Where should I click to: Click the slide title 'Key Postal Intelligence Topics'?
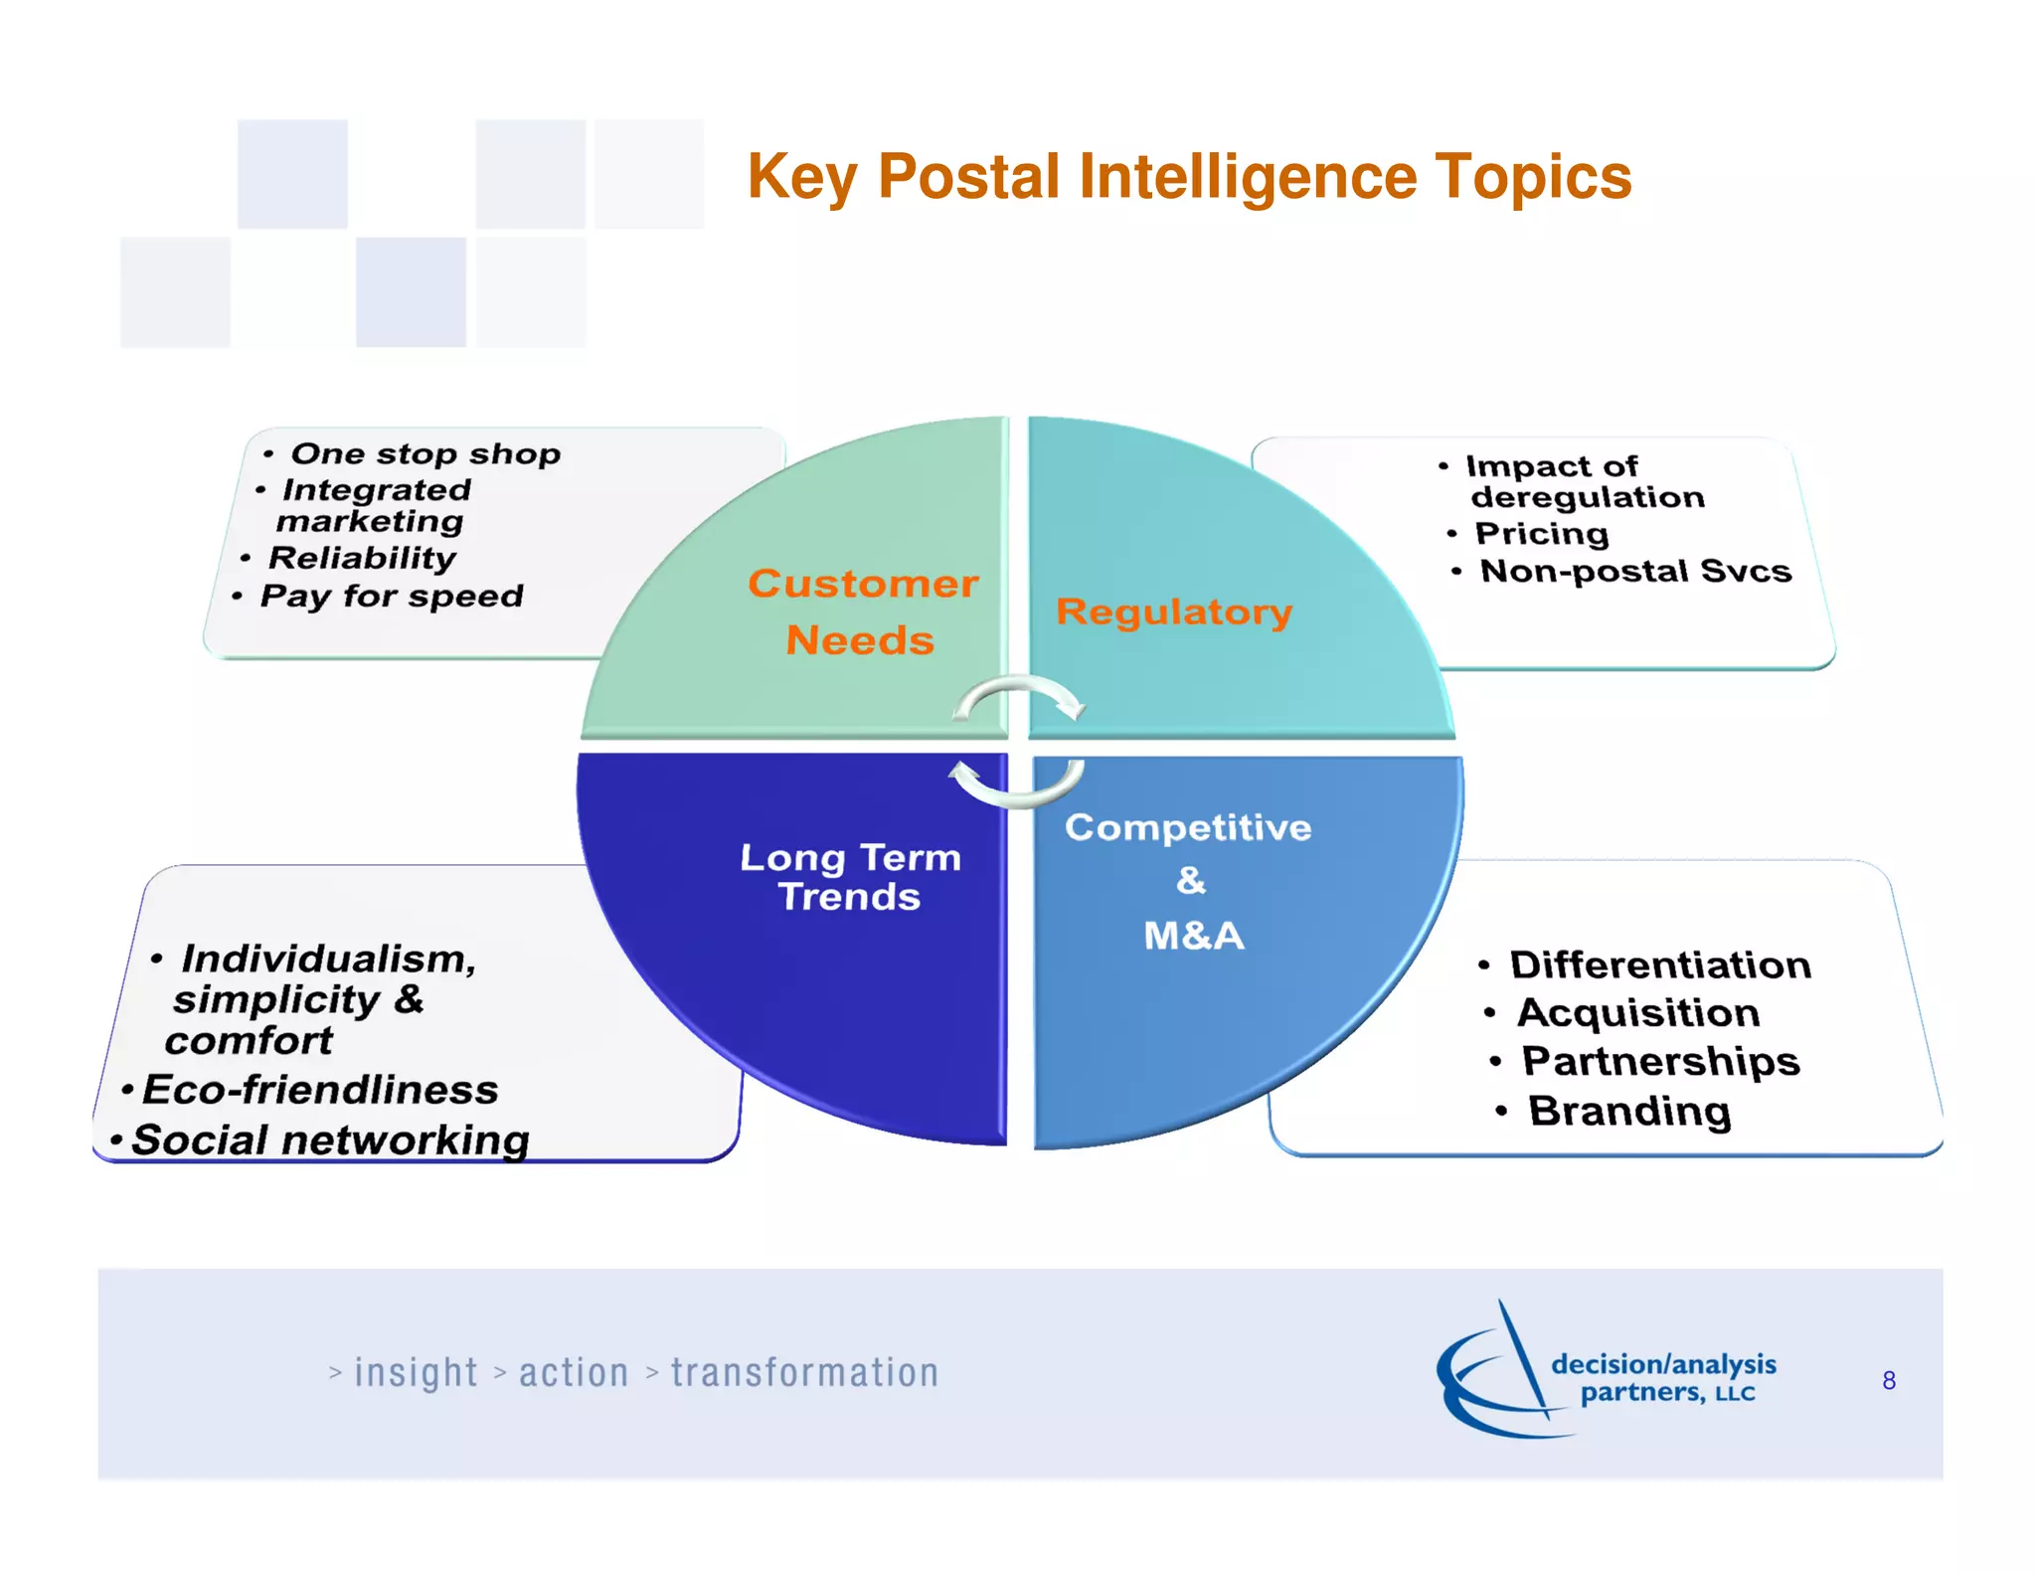tap(1189, 177)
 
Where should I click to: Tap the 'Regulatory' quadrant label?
tap(1174, 612)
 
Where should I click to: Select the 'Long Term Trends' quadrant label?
tap(850, 877)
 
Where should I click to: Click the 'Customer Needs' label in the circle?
tap(862, 612)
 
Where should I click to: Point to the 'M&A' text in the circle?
tap(1194, 936)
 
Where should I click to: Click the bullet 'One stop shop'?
tap(424, 454)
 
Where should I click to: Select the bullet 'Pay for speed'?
tap(391, 597)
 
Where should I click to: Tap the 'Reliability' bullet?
tap(362, 558)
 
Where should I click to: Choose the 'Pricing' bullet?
tap(1541, 534)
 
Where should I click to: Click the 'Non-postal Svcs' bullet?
tap(1635, 572)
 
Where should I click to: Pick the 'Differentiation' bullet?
tap(1660, 965)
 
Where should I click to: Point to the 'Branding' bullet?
tap(1629, 1112)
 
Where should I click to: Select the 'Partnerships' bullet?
tap(1660, 1062)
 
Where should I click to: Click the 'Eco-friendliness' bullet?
tap(319, 1091)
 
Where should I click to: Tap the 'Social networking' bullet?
tap(330, 1140)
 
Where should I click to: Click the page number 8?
tap(1889, 1381)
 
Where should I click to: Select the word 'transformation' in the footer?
tap(804, 1373)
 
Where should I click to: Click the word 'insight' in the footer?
tap(416, 1373)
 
